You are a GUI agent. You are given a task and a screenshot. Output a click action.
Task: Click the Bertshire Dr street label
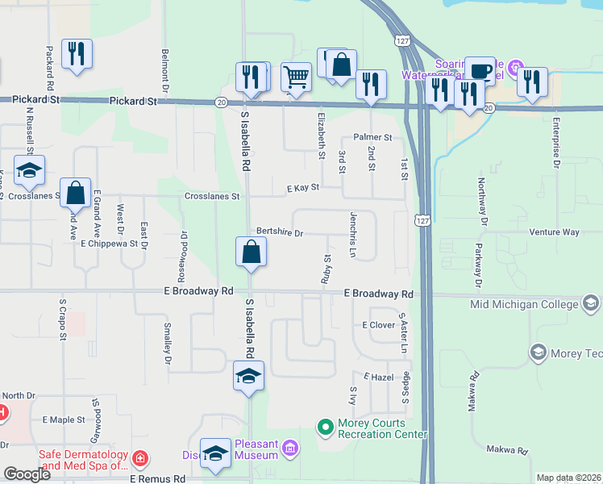pyautogui.click(x=280, y=233)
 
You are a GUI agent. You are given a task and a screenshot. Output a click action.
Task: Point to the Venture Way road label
pyautogui.click(x=554, y=232)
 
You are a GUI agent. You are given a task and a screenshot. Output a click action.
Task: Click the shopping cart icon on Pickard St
pyautogui.click(x=297, y=77)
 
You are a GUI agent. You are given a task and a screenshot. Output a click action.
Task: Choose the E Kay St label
pyautogui.click(x=303, y=187)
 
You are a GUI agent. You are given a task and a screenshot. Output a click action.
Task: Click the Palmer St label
pyautogui.click(x=372, y=138)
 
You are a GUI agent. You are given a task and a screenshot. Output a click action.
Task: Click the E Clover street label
pyautogui.click(x=378, y=325)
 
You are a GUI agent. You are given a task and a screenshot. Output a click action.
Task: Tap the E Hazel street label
pyautogui.click(x=376, y=377)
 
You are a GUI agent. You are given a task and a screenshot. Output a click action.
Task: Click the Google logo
pyautogui.click(x=27, y=474)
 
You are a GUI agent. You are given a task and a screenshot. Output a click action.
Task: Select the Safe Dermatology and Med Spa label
pyautogui.click(x=84, y=459)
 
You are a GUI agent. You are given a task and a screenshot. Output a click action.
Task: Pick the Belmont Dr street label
pyautogui.click(x=164, y=65)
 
